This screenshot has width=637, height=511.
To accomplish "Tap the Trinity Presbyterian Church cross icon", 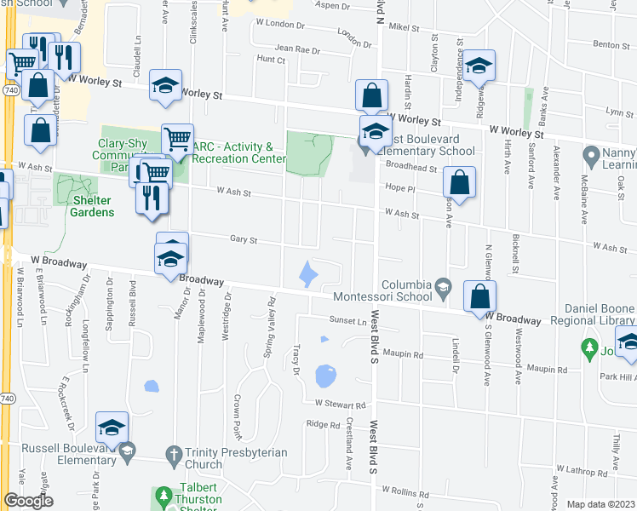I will pyautogui.click(x=174, y=452).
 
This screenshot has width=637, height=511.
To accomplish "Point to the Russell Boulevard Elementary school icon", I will pyautogui.click(x=127, y=451).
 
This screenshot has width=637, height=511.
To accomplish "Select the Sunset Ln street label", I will pyautogui.click(x=348, y=320).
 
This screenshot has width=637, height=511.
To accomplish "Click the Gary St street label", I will pyautogui.click(x=244, y=240).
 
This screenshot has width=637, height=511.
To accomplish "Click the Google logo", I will pyautogui.click(x=28, y=501).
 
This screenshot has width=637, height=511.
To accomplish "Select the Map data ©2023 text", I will pyautogui.click(x=601, y=504).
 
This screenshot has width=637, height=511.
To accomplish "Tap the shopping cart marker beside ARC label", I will pyautogui.click(x=177, y=139).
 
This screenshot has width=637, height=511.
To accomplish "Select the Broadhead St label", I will pyautogui.click(x=411, y=169).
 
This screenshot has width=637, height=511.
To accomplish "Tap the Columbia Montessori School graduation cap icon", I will pyautogui.click(x=442, y=290).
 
